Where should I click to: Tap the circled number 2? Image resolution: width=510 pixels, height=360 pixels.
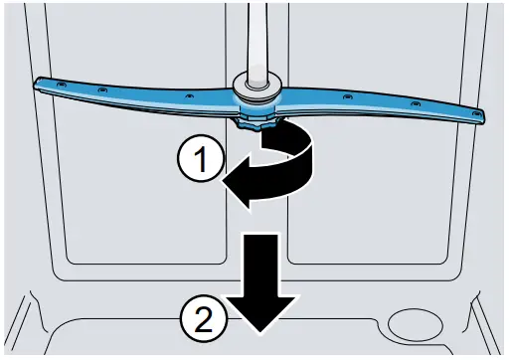[202, 319]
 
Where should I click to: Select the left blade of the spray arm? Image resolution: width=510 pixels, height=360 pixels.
[139, 94]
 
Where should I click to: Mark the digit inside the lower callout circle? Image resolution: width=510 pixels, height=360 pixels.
[202, 319]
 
